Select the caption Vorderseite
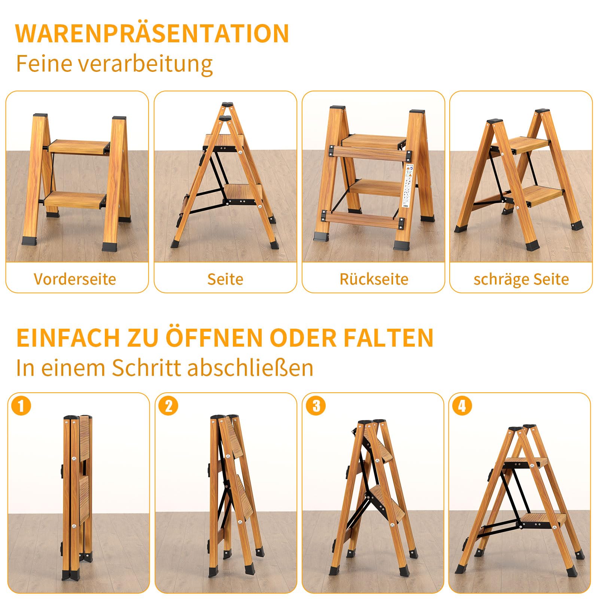coord(75,279)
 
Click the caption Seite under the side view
coord(225,279)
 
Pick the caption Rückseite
coord(374,279)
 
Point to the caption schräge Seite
coord(521,279)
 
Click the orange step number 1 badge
coord(21,405)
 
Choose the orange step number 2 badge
coord(168,405)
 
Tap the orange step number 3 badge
coord(316,405)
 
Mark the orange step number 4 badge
coord(462,405)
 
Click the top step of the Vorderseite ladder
coord(79,147)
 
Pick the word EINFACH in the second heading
coord(68,338)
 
